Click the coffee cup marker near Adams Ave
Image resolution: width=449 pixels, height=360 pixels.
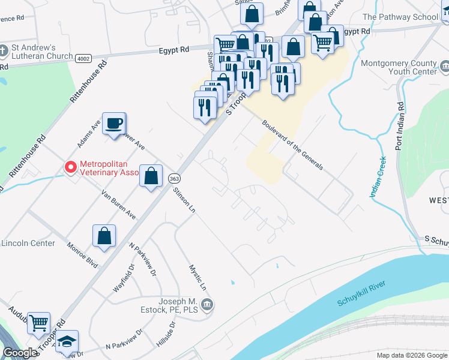coord(113,124)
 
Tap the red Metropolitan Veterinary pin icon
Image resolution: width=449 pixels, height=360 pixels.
coord(71,167)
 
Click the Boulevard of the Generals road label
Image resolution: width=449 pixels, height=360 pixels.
coord(293,145)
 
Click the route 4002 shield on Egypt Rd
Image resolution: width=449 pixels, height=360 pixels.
coord(83,58)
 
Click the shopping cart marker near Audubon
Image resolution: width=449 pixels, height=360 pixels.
coord(38,322)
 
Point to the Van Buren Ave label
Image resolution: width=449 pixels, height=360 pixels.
coord(118,205)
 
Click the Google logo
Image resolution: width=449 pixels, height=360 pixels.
coord(19,353)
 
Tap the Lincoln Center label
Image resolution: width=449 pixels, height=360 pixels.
coord(28,243)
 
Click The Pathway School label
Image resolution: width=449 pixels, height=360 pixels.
coord(400,17)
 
